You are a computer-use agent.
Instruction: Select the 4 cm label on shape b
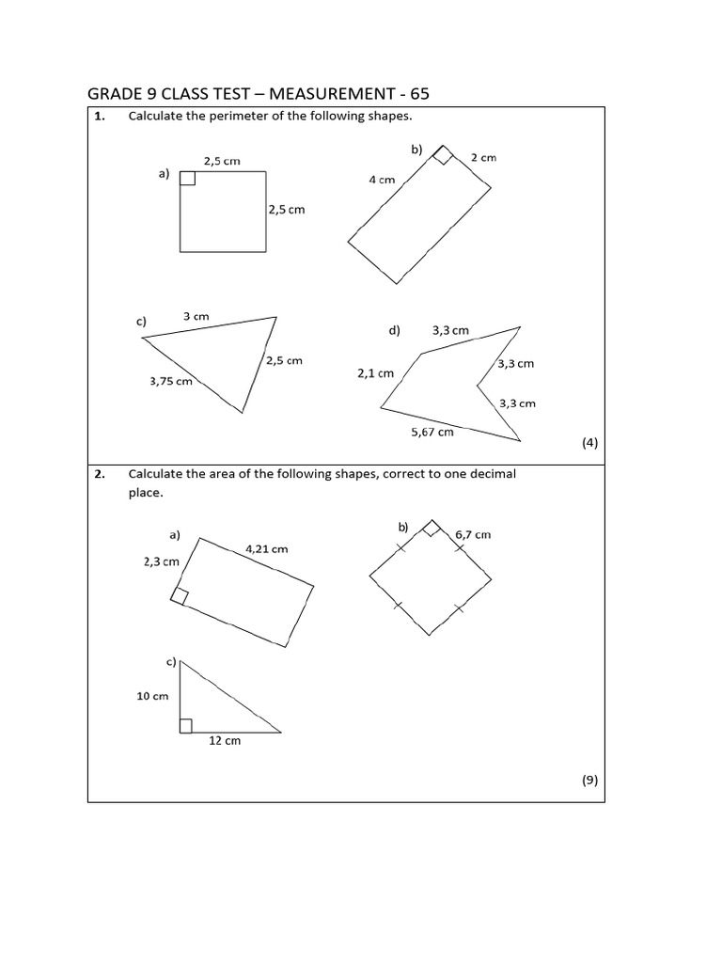click(382, 179)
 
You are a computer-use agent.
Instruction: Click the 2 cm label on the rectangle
click(483, 158)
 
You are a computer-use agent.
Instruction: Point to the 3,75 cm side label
click(171, 381)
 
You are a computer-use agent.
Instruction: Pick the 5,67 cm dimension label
click(432, 432)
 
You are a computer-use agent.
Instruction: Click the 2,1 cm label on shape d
click(375, 373)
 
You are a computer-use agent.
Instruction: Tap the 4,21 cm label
click(267, 548)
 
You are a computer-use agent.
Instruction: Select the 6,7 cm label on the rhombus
click(473, 534)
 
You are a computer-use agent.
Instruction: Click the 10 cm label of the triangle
click(153, 696)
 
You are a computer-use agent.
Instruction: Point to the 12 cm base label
click(225, 741)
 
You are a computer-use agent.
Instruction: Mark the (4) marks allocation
click(589, 443)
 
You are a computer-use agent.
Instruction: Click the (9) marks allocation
click(589, 780)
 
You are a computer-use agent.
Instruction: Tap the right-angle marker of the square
click(187, 179)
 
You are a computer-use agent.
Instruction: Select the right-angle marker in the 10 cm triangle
click(185, 725)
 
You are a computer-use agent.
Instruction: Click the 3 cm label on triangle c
click(196, 317)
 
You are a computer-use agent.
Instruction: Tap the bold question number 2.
click(99, 474)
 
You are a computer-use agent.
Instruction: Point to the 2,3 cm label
click(161, 561)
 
